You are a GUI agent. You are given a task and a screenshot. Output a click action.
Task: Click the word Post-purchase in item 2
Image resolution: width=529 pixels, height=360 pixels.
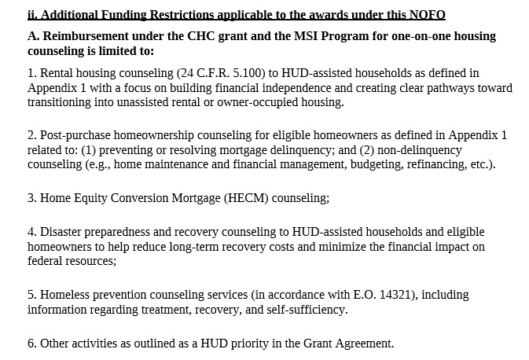point(75,135)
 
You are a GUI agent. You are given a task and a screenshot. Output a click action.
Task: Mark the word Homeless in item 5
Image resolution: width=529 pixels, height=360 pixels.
point(64,295)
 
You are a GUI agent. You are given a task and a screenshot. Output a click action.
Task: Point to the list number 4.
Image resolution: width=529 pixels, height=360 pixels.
point(31,232)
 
